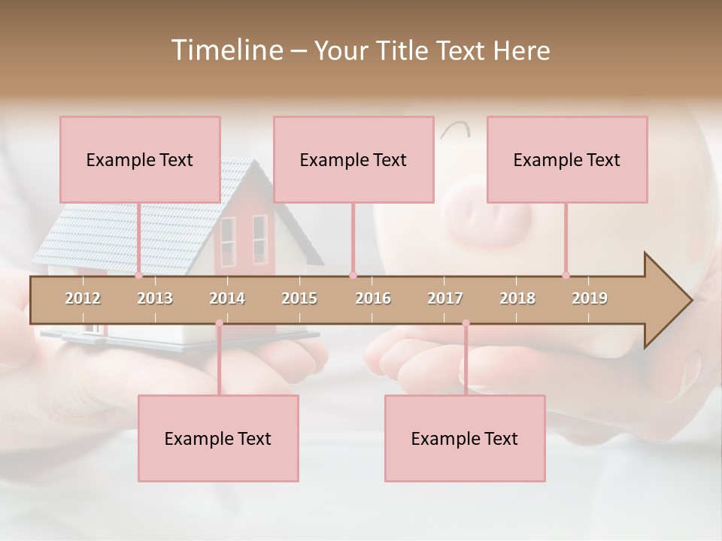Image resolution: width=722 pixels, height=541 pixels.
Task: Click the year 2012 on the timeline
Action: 83,298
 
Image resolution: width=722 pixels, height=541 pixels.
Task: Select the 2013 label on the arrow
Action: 155,298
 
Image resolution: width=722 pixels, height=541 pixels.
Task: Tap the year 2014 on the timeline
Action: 227,298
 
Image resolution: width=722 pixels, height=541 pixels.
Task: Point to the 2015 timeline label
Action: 299,298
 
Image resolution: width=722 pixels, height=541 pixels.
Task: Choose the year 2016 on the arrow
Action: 373,298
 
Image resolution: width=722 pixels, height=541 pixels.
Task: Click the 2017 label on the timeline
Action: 445,298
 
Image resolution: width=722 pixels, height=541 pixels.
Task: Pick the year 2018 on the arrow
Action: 517,298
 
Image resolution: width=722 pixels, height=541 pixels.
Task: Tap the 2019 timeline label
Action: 590,298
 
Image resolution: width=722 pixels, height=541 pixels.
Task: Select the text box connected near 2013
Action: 140,159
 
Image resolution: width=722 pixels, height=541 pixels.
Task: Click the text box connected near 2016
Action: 353,159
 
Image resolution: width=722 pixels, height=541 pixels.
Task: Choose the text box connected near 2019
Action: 567,159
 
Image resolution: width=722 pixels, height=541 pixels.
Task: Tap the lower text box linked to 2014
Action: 218,438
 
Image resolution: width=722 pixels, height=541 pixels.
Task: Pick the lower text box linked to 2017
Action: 465,438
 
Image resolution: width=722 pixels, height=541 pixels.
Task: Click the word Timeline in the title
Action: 226,50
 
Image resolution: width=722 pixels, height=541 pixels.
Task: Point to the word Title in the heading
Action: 405,50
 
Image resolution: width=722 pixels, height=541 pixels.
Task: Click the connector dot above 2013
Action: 139,275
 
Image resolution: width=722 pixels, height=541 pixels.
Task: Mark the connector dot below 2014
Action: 219,324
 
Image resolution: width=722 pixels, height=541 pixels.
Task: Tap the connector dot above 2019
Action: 566,275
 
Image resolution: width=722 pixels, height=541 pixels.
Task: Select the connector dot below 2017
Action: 466,324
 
